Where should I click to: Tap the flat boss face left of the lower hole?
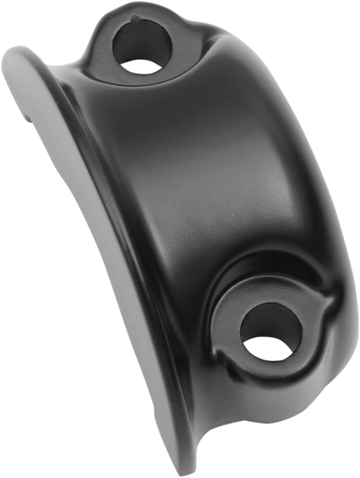[225, 315]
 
